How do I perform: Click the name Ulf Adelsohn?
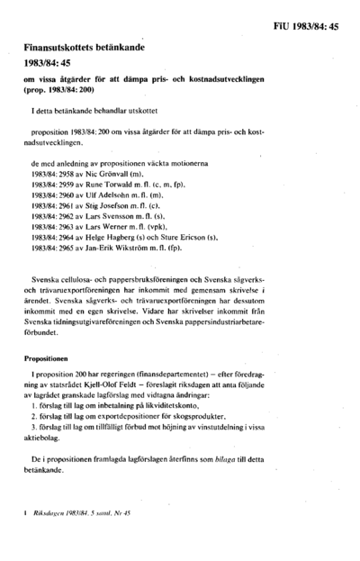click(x=109, y=193)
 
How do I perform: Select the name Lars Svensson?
click(x=112, y=216)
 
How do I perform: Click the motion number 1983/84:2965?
click(x=51, y=251)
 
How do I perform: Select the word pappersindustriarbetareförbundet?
click(x=285, y=316)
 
